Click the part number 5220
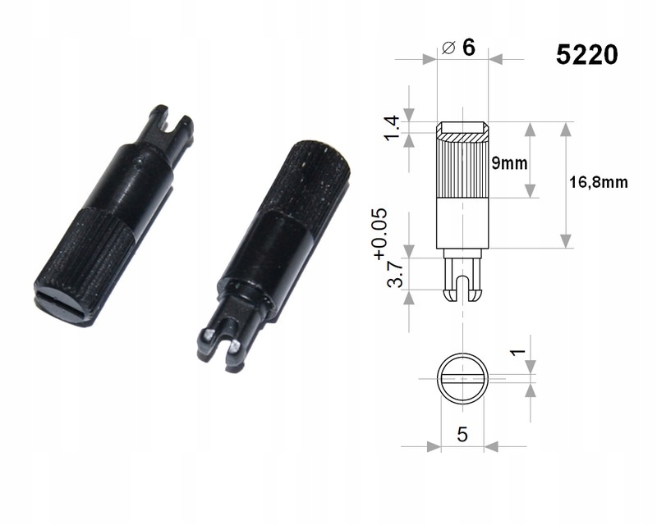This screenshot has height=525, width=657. coord(586,55)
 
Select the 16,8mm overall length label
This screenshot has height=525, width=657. coord(599,183)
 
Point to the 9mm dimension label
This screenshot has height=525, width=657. coord(509,162)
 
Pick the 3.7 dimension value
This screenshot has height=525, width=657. coord(395,274)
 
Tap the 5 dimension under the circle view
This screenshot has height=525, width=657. coord(462,435)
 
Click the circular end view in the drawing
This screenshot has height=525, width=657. coord(462,378)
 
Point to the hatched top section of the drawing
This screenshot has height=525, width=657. coord(462,131)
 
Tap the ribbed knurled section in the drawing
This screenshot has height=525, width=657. coord(462,168)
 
